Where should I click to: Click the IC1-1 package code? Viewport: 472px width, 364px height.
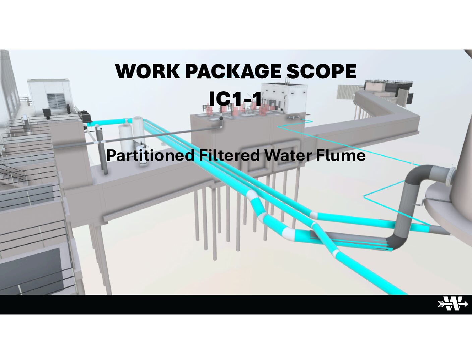pyautogui.click(x=235, y=98)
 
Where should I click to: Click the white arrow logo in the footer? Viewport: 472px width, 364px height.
pyautogui.click(x=453, y=304)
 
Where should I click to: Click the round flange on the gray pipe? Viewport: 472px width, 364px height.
pyautogui.click(x=450, y=175)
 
